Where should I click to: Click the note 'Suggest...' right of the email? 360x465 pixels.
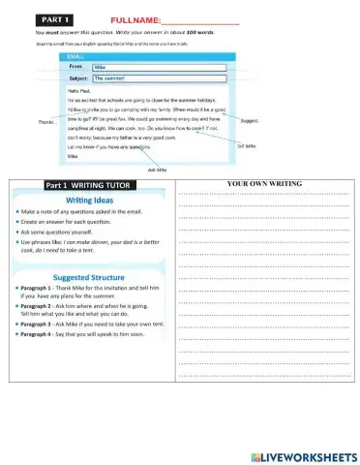249,121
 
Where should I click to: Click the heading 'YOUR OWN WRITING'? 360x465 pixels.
264,183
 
